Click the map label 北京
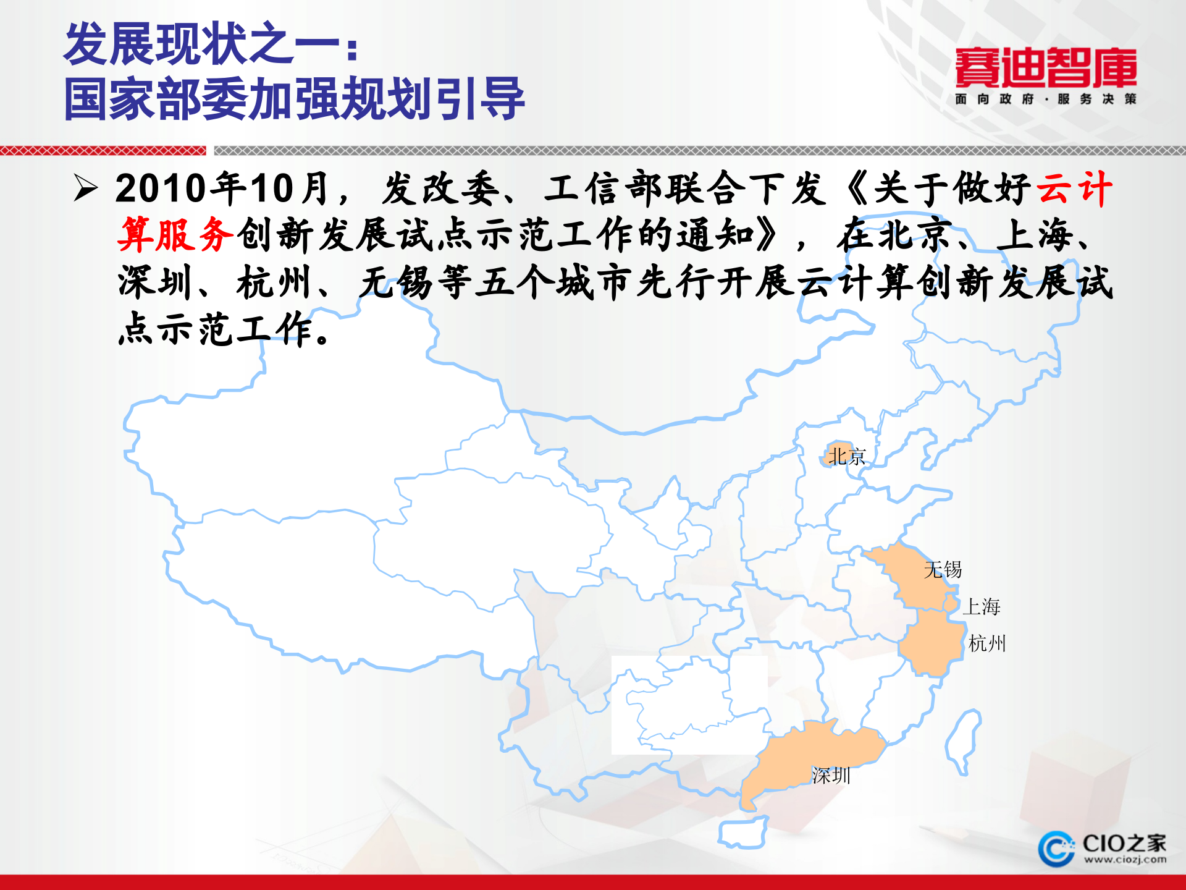[x=846, y=457]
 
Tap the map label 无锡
[x=943, y=569]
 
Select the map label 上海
[x=981, y=606]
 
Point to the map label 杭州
[x=987, y=643]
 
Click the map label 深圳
[x=831, y=775]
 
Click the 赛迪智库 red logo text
[x=1045, y=68]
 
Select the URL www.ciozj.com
[x=1125, y=860]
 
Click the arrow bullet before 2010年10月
[x=85, y=188]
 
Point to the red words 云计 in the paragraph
[x=1074, y=188]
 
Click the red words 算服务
[x=175, y=235]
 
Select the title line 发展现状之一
[x=210, y=44]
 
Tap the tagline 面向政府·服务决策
[x=1045, y=99]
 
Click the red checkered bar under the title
[x=103, y=150]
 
